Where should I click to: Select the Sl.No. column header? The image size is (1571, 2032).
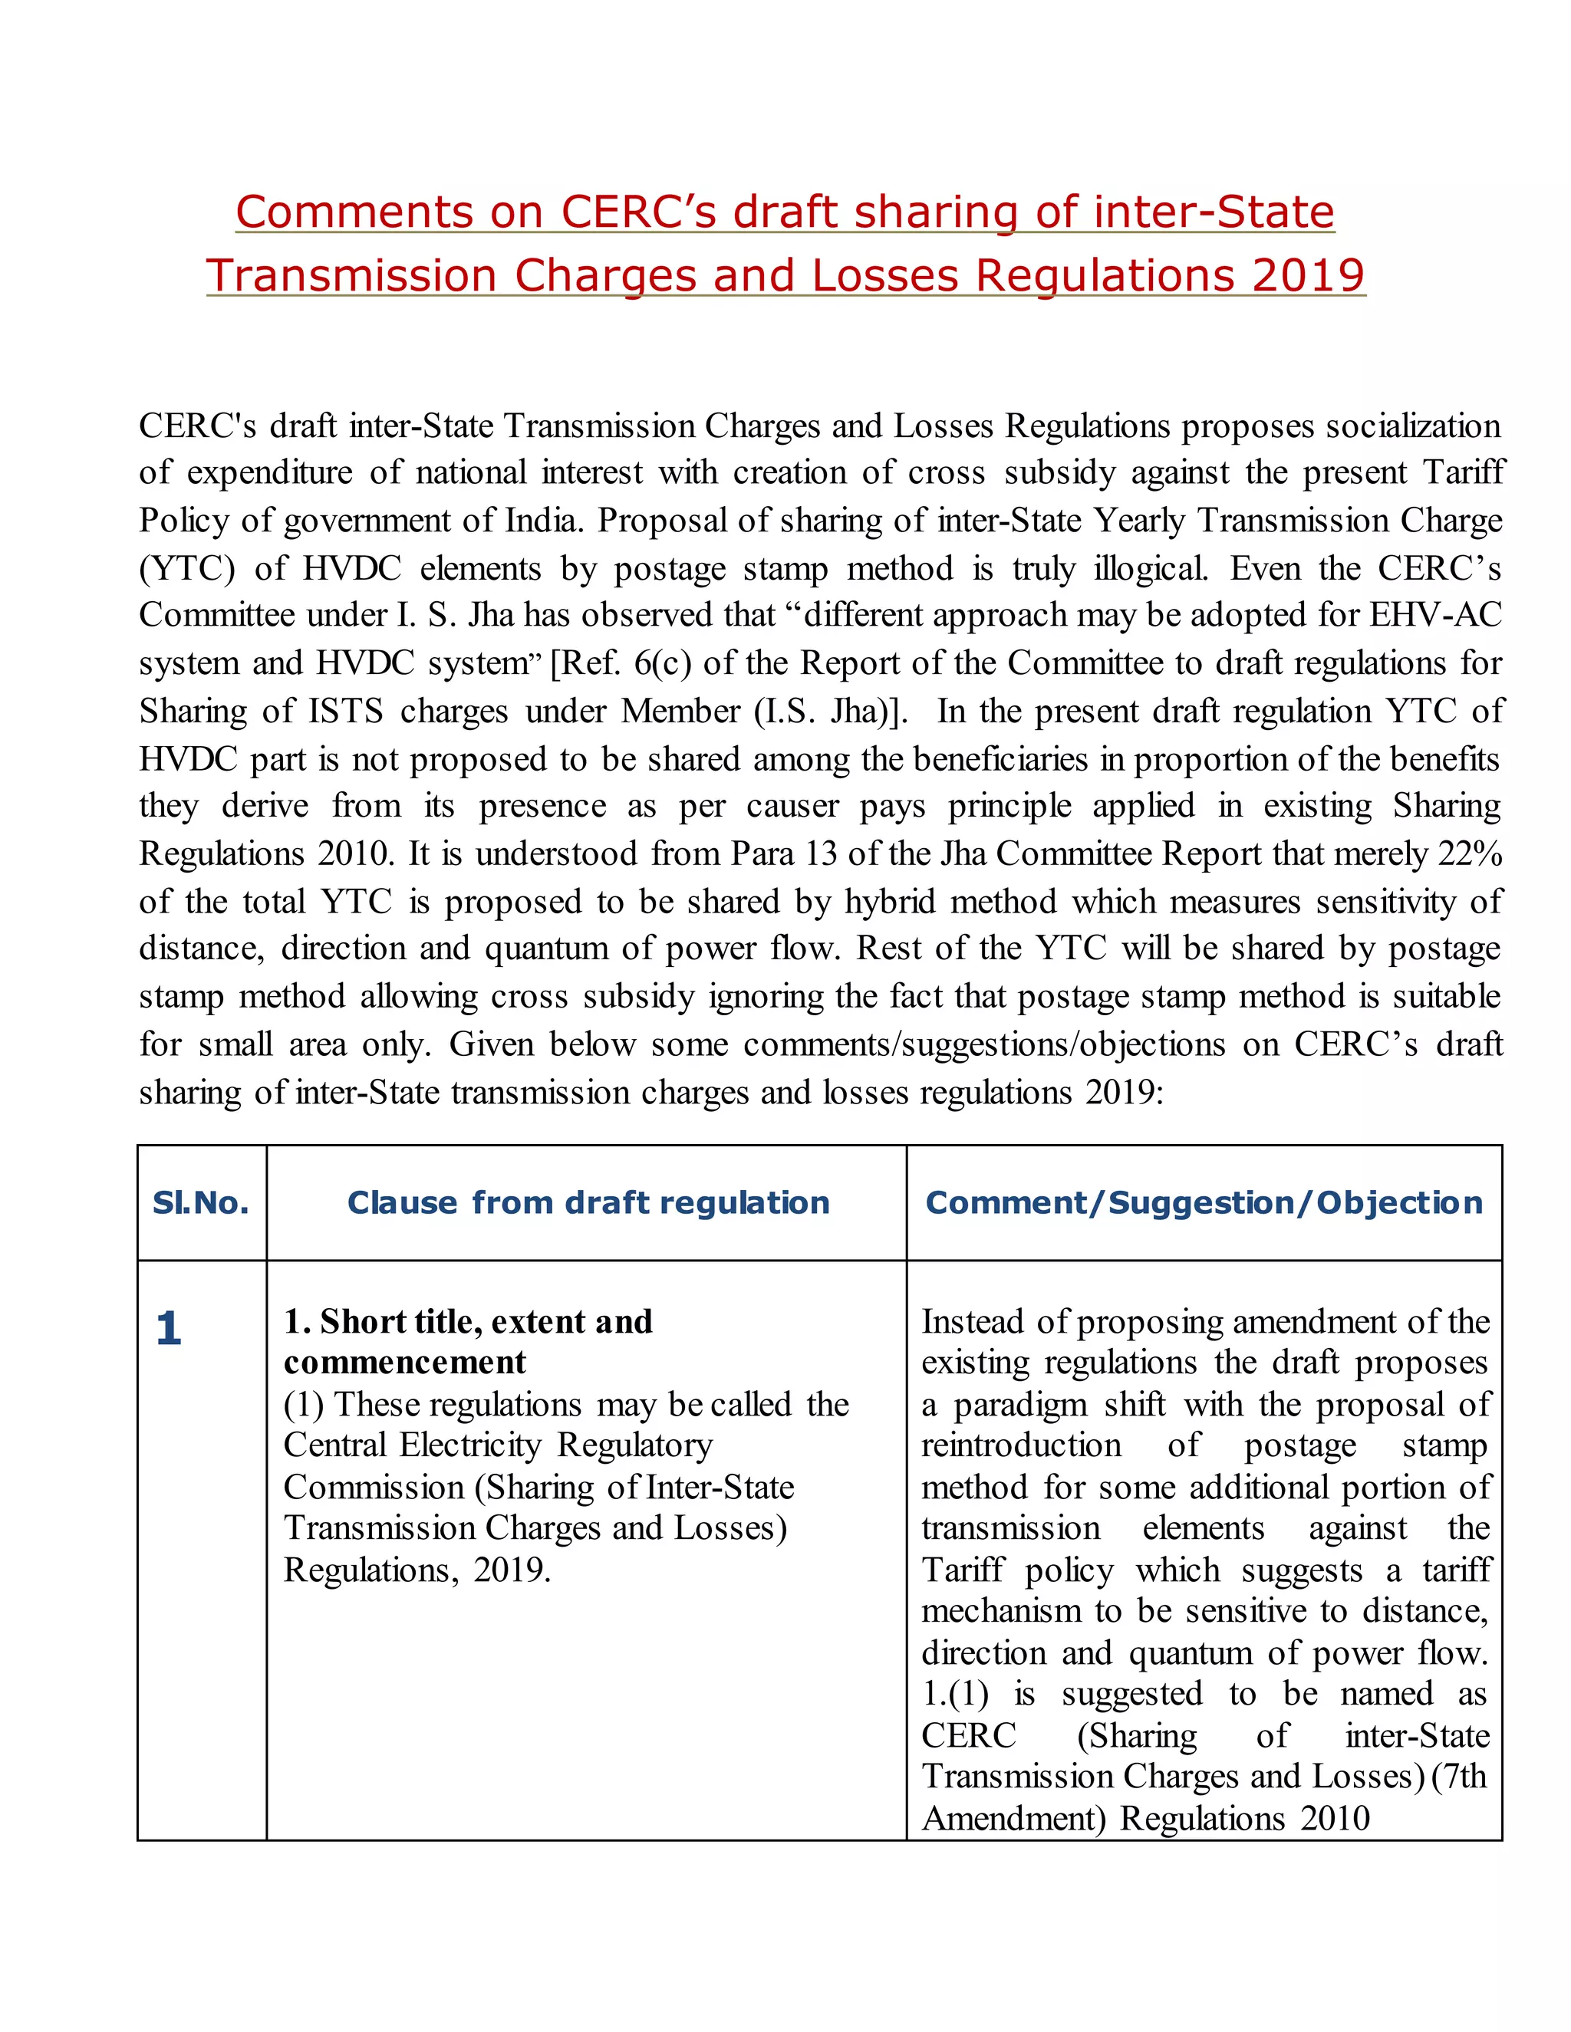(x=201, y=1203)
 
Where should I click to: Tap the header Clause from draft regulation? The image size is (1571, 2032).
(x=588, y=1203)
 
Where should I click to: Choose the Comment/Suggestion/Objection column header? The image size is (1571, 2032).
(x=1204, y=1203)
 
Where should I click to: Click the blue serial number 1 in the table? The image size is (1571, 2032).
(x=169, y=1329)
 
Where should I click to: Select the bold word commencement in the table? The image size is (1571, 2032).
(x=405, y=1362)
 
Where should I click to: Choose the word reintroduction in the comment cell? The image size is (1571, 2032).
(x=1021, y=1445)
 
